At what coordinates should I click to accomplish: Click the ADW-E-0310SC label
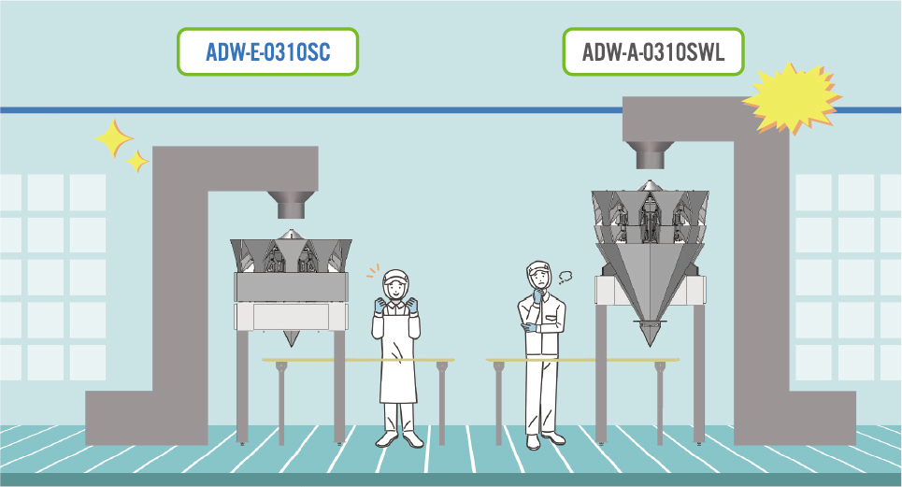(x=267, y=51)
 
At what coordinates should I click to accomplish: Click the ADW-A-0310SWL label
(x=653, y=51)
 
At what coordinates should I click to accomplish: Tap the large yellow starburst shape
(x=792, y=98)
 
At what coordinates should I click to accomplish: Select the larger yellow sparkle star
(x=114, y=138)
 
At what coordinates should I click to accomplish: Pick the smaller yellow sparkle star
(x=136, y=161)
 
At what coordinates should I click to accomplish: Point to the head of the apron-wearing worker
(x=395, y=284)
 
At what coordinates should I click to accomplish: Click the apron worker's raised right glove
(x=379, y=306)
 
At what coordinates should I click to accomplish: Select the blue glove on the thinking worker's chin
(x=537, y=295)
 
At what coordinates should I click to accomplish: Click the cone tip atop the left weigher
(x=292, y=234)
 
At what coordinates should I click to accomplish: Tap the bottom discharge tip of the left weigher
(x=291, y=338)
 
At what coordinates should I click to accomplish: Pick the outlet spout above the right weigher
(x=650, y=155)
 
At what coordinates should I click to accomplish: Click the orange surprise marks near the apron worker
(x=373, y=270)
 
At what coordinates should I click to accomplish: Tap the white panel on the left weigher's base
(x=291, y=317)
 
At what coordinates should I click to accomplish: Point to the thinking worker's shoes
(x=544, y=440)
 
